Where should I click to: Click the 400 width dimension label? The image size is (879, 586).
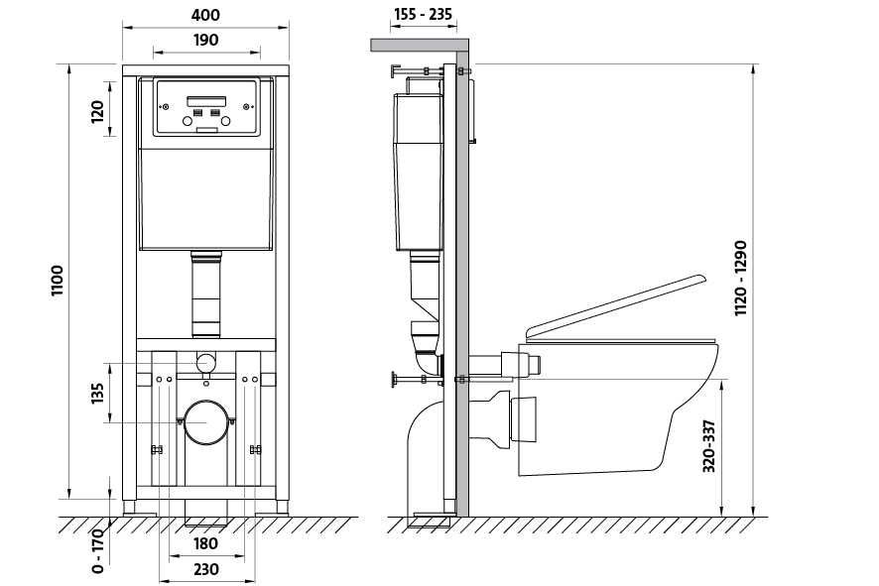[205, 15]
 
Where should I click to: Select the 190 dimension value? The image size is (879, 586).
[205, 41]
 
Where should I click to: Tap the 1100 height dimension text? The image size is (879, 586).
[58, 282]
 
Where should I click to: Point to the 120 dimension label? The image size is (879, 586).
[97, 111]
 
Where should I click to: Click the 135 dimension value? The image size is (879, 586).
[97, 394]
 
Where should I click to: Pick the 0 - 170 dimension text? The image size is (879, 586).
[97, 550]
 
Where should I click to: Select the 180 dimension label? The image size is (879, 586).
[205, 543]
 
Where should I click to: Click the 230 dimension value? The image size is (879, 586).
[205, 570]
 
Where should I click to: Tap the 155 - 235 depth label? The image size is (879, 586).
[423, 14]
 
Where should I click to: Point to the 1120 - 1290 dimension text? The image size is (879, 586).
[741, 279]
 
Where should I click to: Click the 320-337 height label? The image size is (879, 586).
[709, 446]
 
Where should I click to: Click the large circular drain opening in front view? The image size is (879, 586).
[206, 422]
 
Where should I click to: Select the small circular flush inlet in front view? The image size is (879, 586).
[206, 363]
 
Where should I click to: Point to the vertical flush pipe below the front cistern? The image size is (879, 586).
[206, 294]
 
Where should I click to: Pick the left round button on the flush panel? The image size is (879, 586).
[188, 121]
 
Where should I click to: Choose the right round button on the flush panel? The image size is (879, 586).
[225, 121]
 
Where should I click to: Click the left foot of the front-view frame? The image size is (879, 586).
[130, 508]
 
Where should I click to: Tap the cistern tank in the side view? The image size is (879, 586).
[419, 172]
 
